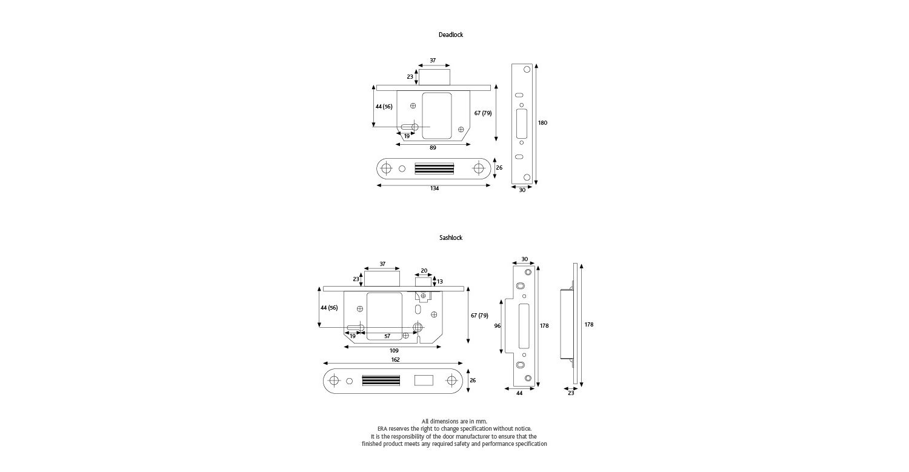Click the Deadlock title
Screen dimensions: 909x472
click(450, 35)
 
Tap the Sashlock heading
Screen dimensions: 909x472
click(450, 238)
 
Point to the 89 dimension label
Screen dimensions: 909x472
click(433, 148)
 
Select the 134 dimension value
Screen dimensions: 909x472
click(435, 188)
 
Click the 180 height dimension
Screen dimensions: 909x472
click(542, 122)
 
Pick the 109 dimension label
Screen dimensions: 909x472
click(394, 351)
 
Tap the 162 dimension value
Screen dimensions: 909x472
click(395, 359)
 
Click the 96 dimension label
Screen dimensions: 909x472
click(498, 326)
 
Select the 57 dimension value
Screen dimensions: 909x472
click(387, 336)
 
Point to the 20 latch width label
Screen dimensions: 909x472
click(424, 271)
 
